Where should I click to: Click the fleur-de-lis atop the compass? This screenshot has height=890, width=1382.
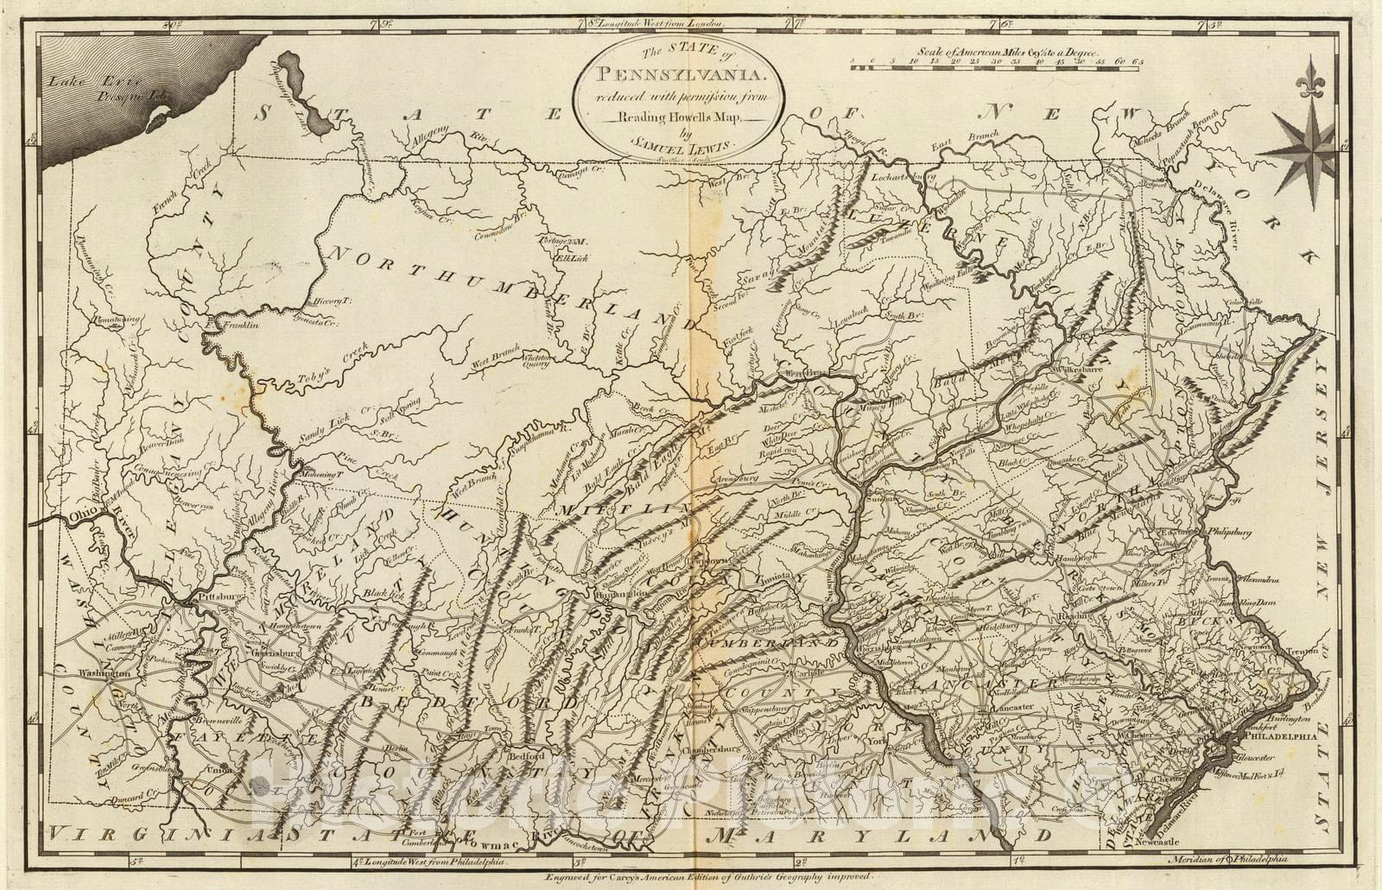(x=1311, y=78)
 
